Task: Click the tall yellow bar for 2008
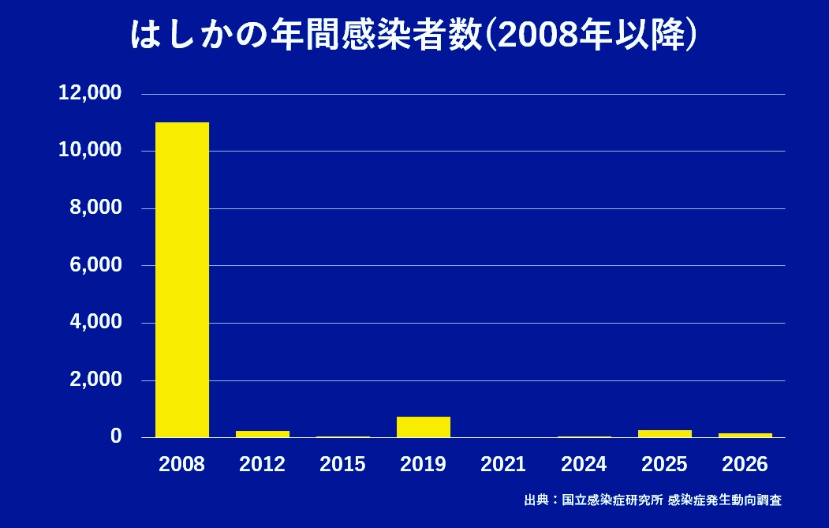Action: click(x=182, y=279)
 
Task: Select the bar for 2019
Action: click(x=424, y=427)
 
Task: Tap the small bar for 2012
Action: click(x=263, y=433)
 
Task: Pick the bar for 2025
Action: click(x=665, y=433)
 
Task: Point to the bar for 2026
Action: click(x=745, y=435)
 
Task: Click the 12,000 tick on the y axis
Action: click(x=90, y=93)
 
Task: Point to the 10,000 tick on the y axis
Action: click(x=90, y=151)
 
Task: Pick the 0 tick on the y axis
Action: click(x=116, y=436)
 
